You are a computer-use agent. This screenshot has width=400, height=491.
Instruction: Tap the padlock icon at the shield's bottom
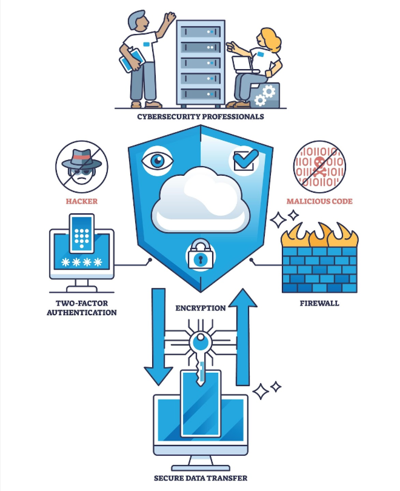[x=199, y=255]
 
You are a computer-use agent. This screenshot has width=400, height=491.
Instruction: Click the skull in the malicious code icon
[x=319, y=164]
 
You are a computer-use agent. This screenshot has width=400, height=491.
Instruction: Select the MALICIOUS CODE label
[x=319, y=201]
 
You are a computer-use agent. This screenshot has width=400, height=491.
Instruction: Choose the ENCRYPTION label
[x=201, y=308]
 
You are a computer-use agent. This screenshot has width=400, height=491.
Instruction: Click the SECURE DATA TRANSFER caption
[x=201, y=478]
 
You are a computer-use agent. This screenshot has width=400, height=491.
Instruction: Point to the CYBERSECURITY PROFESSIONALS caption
[x=200, y=116]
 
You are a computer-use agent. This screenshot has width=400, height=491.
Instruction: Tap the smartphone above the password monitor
[x=82, y=233]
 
